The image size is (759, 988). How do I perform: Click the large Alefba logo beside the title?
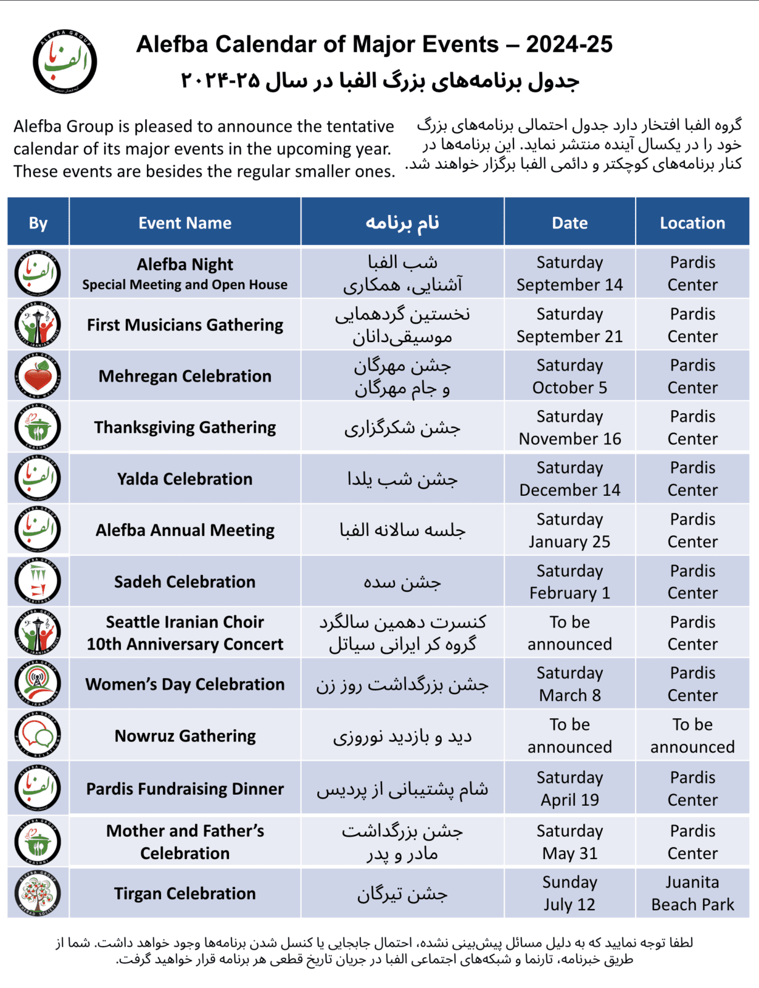click(65, 61)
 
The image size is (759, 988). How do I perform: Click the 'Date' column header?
click(570, 223)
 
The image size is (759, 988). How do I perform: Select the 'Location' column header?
click(692, 223)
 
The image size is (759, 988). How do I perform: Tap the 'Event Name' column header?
click(185, 223)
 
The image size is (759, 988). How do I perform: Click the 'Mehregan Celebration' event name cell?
click(185, 376)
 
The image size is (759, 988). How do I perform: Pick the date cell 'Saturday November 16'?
click(570, 427)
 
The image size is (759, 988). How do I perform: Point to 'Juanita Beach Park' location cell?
click(692, 893)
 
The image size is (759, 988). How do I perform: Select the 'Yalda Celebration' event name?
click(185, 479)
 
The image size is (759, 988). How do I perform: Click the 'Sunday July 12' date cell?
click(570, 893)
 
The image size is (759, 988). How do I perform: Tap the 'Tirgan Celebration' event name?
click(185, 894)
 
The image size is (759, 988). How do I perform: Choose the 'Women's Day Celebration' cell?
click(185, 684)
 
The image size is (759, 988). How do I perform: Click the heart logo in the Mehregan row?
click(38, 376)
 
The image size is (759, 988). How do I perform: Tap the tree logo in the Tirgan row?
click(38, 893)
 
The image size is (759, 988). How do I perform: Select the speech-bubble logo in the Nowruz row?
click(38, 735)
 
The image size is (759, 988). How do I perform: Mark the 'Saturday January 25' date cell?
click(570, 530)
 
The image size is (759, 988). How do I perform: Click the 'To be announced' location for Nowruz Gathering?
click(692, 735)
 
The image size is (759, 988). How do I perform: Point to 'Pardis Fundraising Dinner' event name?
click(185, 789)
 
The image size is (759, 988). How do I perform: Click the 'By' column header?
click(38, 223)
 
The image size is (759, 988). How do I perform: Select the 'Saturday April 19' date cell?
click(570, 789)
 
